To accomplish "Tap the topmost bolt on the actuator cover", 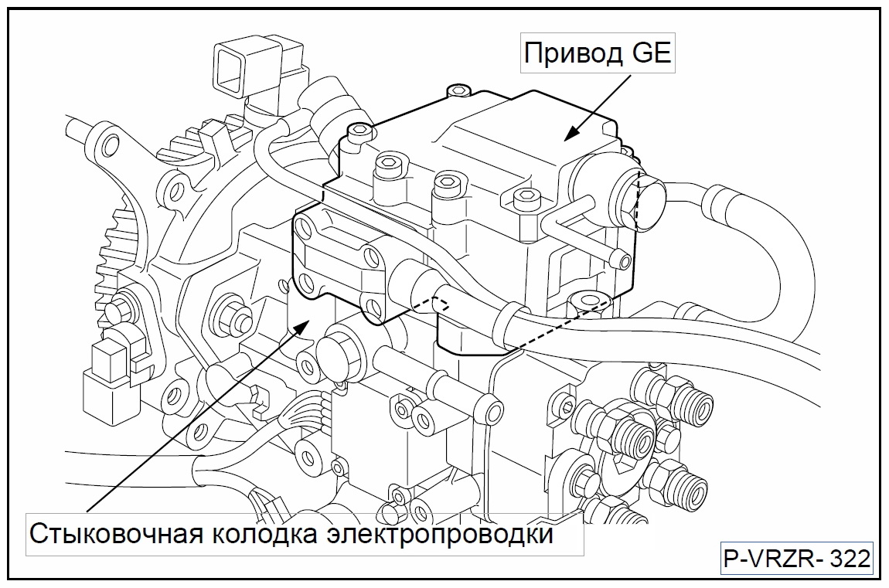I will click(x=458, y=91).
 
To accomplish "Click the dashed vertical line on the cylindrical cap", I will click(x=636, y=199).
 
